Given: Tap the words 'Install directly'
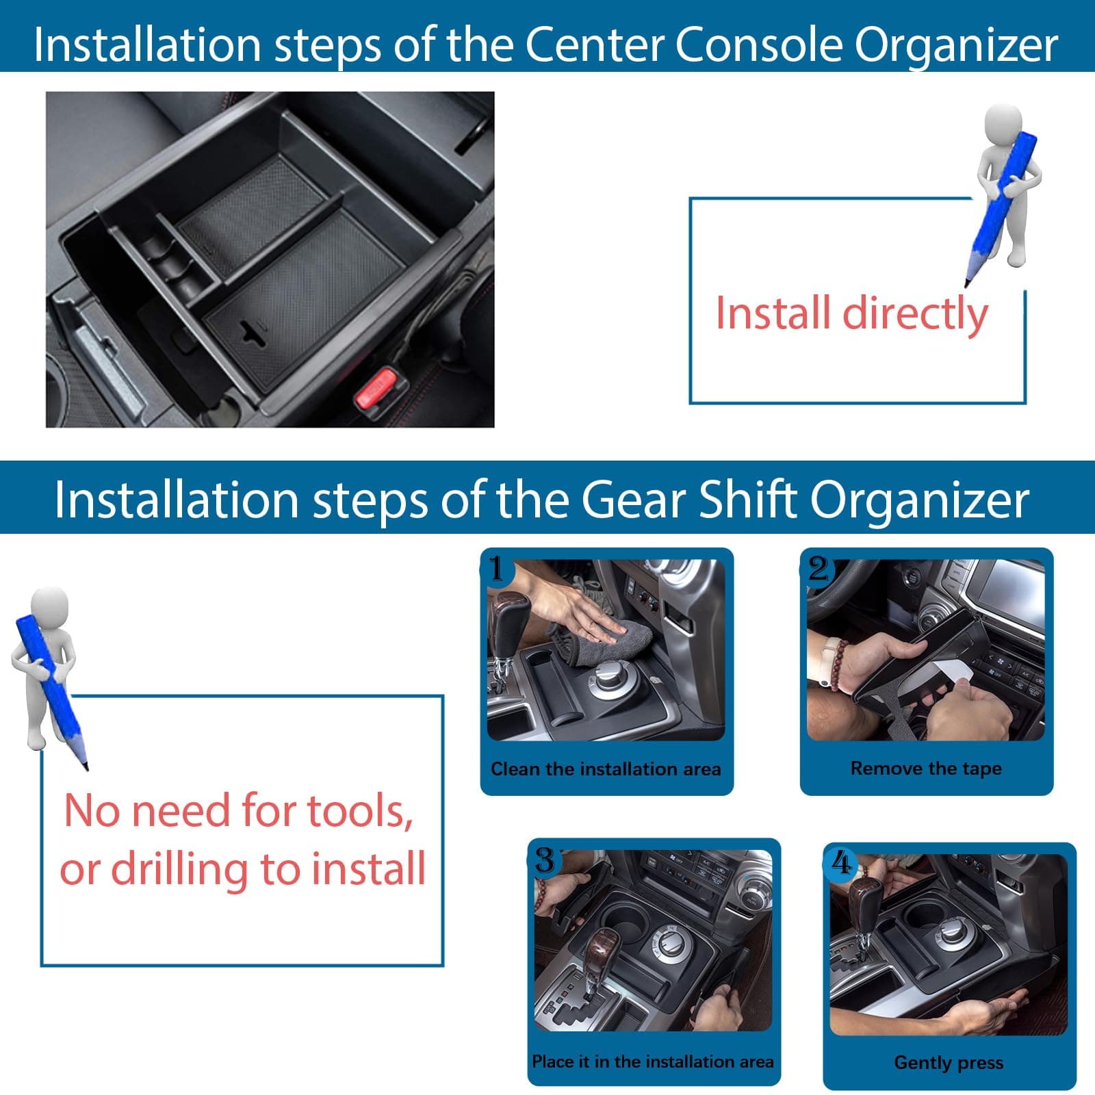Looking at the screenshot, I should pos(851,313).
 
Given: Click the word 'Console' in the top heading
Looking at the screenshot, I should pos(753,45).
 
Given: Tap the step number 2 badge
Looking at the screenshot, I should pos(818,567).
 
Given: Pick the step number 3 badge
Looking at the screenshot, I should pos(545,859).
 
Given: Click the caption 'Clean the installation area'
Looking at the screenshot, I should pos(606,769).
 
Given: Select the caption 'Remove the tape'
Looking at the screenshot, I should pos(926,769).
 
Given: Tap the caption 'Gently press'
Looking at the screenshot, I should pos(949,1063).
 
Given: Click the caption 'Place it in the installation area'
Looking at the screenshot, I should pos(653,1061).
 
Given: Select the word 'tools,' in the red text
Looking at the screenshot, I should pos(360,811).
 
